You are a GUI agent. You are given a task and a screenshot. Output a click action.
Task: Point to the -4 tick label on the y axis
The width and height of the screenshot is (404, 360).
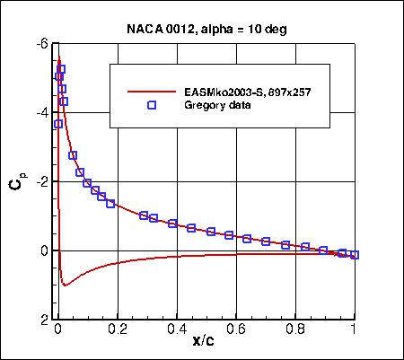click(41, 113)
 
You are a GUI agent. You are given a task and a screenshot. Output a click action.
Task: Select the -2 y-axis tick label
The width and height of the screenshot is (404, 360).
click(41, 182)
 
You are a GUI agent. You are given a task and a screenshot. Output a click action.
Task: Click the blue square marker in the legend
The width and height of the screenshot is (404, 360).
click(152, 105)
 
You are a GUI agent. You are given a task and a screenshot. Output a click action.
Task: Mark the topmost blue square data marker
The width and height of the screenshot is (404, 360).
click(61, 69)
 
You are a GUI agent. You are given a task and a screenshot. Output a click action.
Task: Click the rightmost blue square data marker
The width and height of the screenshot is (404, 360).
click(355, 255)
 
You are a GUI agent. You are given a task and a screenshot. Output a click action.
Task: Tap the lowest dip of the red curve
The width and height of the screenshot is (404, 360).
click(65, 285)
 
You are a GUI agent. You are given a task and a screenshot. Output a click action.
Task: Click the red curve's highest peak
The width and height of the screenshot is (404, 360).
click(59, 59)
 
